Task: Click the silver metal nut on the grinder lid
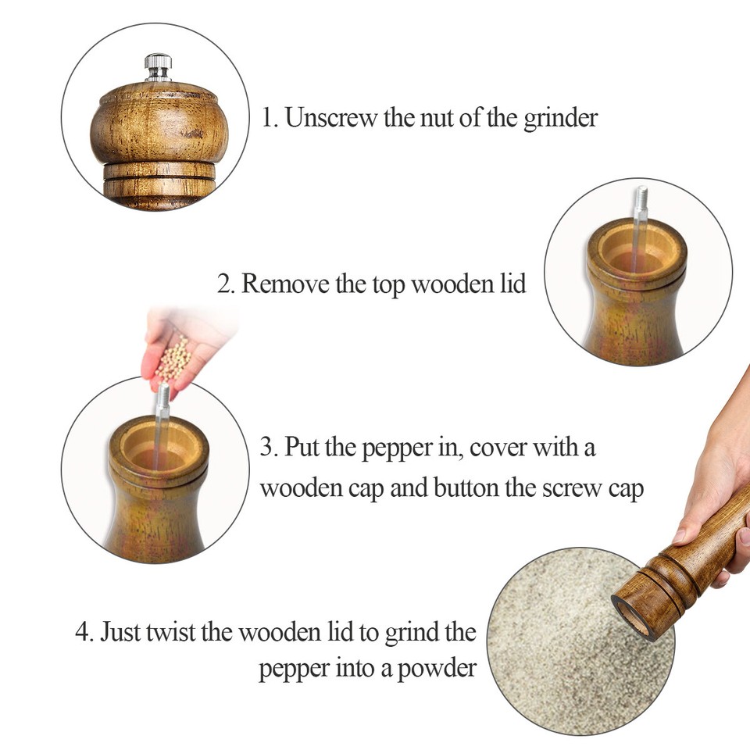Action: [158, 67]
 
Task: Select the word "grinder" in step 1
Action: [560, 118]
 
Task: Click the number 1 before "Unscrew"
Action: [266, 118]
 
